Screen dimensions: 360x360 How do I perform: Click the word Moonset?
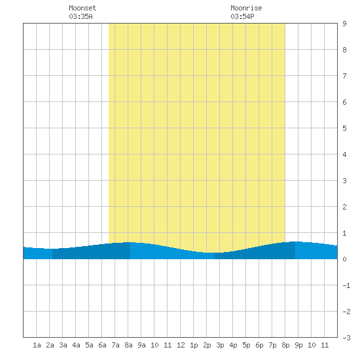(82, 8)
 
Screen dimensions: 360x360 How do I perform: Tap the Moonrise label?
(246, 8)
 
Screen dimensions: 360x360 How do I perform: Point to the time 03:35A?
(81, 16)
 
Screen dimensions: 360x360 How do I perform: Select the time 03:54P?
(242, 16)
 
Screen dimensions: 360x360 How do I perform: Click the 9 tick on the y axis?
(344, 24)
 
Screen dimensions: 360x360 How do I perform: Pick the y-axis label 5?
(344, 128)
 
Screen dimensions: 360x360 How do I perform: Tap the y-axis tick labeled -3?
(346, 338)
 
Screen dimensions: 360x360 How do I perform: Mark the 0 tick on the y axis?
(344, 259)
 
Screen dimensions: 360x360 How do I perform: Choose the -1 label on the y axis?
(346, 285)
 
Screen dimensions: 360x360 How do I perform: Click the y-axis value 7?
(344, 76)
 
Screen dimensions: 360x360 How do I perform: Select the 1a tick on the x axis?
(37, 345)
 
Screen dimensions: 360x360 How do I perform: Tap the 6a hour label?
(102, 345)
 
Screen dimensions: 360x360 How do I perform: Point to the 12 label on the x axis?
(181, 345)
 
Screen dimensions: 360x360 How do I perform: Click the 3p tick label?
(220, 345)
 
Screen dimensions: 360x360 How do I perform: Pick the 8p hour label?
(285, 345)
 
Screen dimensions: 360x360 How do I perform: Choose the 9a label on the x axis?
(141, 345)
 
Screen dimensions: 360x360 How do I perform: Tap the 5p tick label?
(246, 345)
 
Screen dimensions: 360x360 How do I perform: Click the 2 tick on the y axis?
(344, 207)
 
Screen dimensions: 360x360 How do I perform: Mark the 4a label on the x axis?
(76, 345)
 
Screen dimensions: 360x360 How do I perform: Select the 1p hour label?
(194, 345)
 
